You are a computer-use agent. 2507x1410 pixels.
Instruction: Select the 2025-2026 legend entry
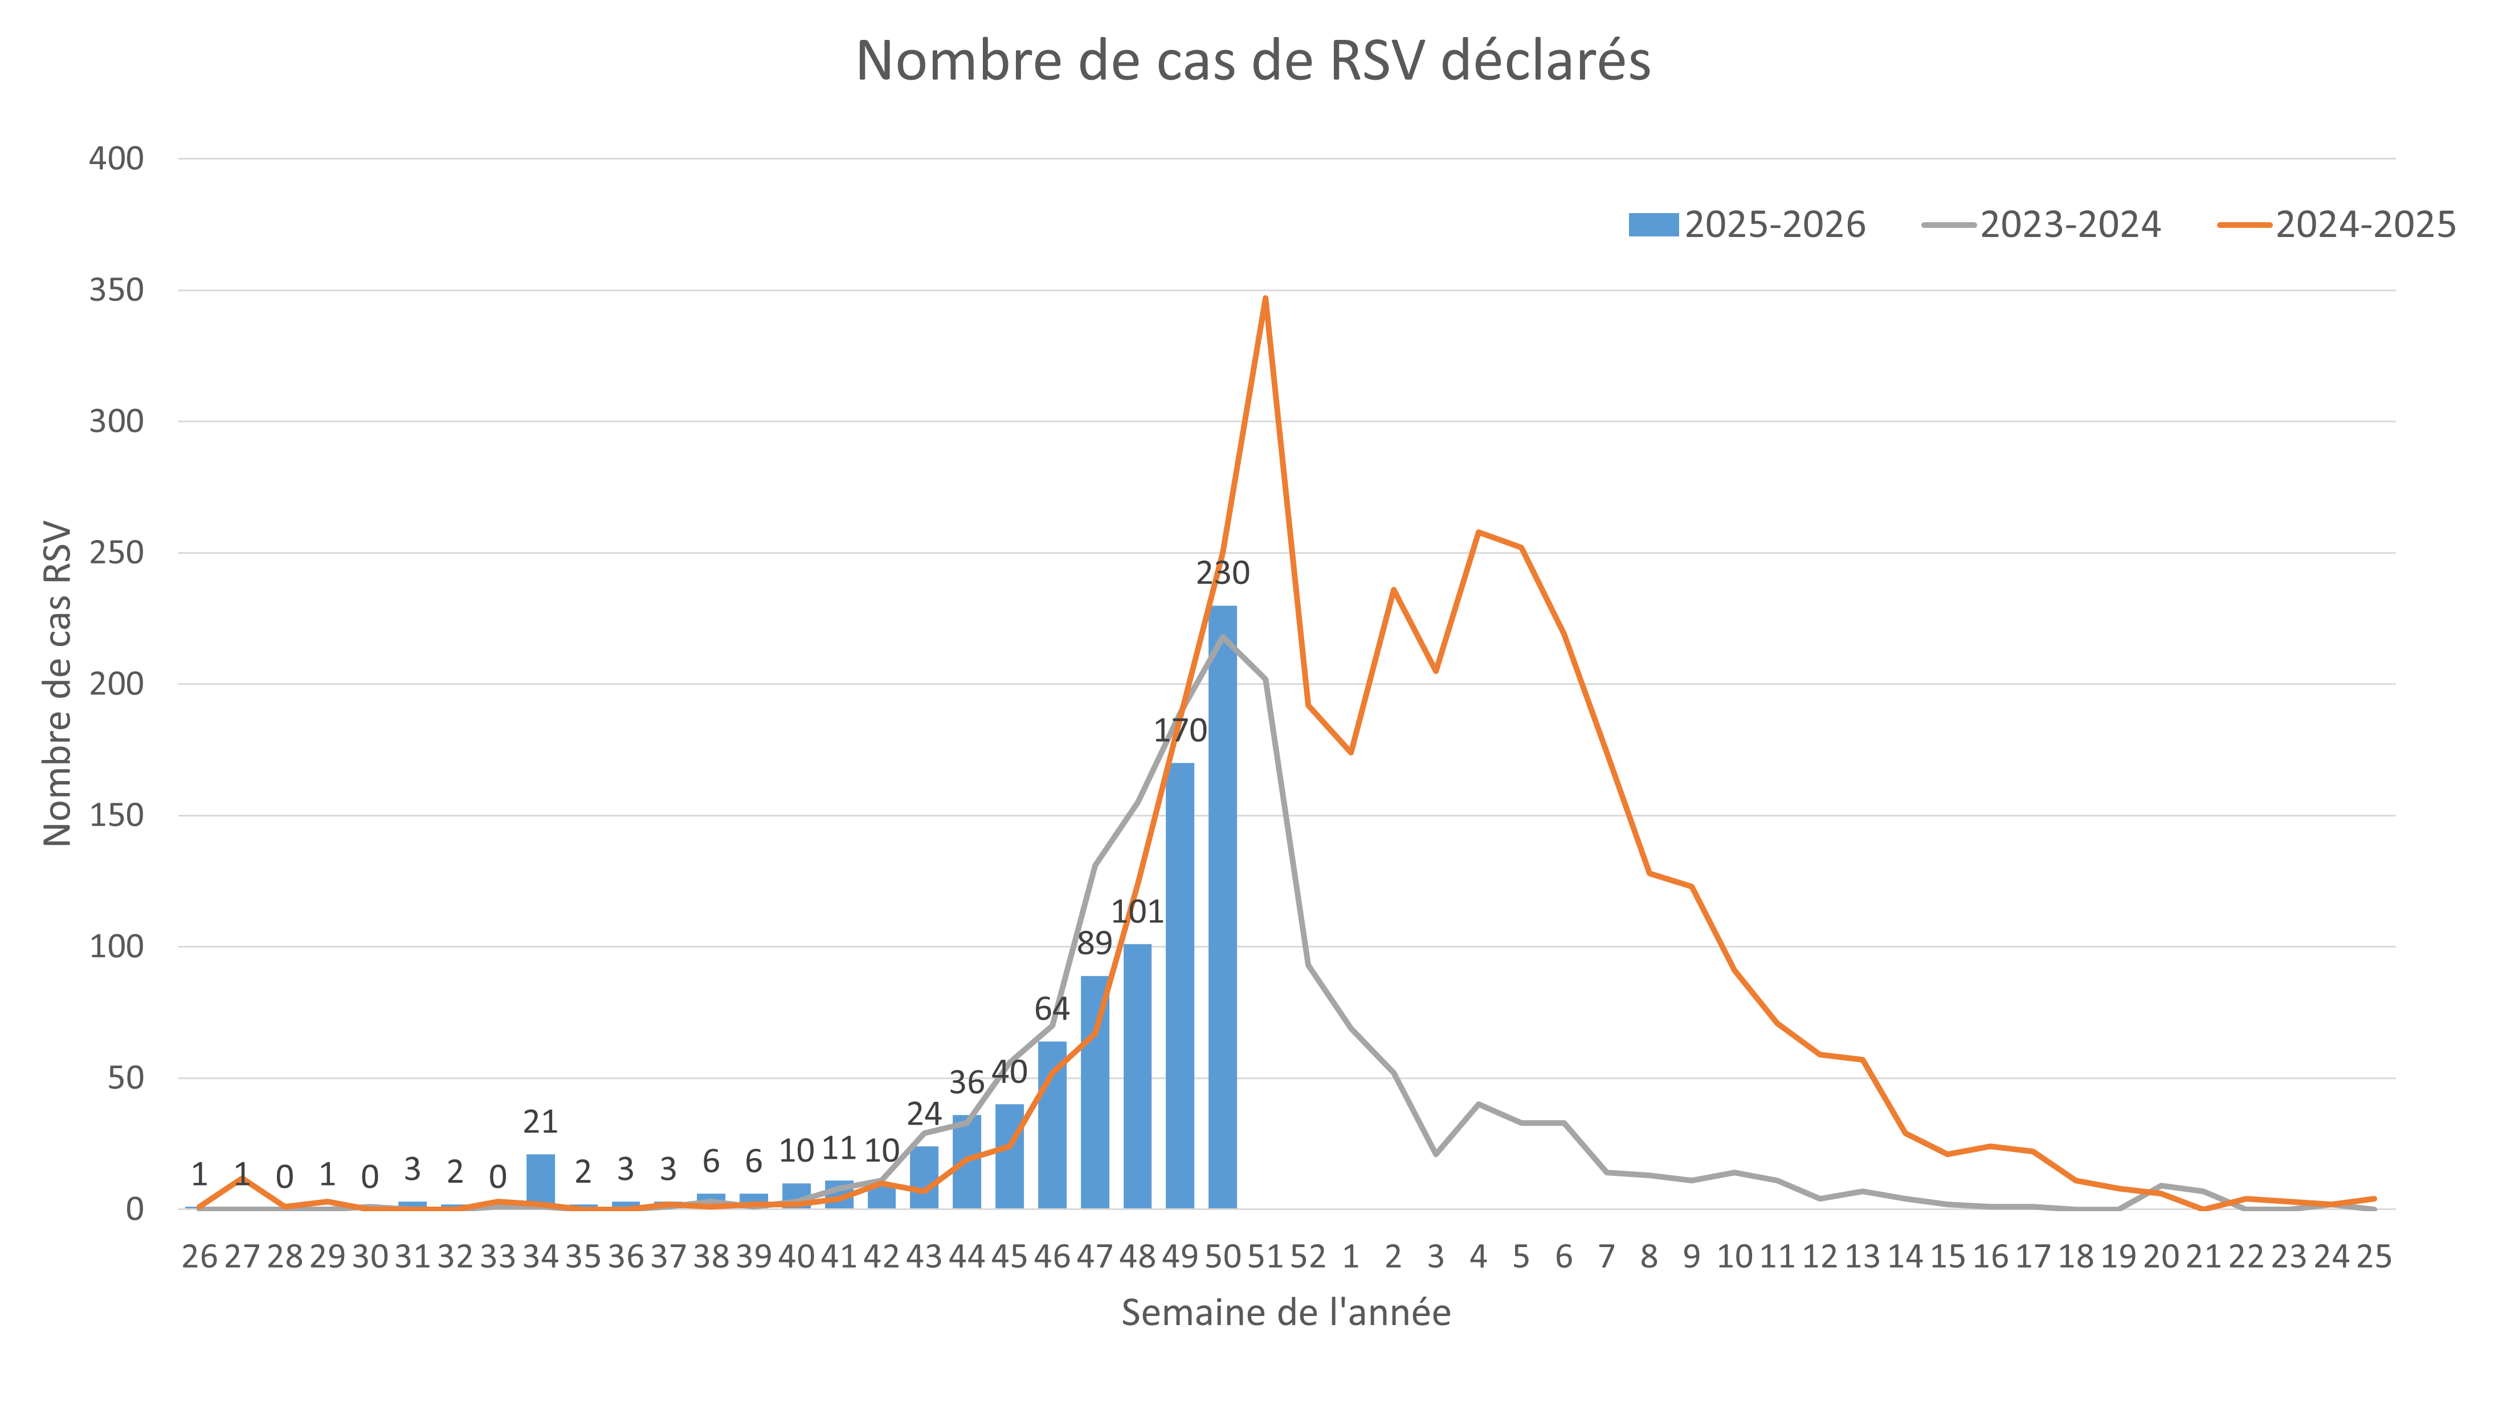[1747, 225]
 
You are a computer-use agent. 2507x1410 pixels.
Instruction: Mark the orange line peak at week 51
[1265, 298]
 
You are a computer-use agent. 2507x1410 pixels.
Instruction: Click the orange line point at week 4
[1479, 532]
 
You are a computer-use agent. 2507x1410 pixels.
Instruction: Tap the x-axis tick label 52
[1308, 1257]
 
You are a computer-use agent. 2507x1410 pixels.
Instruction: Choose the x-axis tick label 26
[199, 1257]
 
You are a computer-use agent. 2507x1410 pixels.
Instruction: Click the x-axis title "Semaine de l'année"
[1285, 1313]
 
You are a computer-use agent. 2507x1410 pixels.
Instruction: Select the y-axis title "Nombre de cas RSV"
[58, 684]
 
